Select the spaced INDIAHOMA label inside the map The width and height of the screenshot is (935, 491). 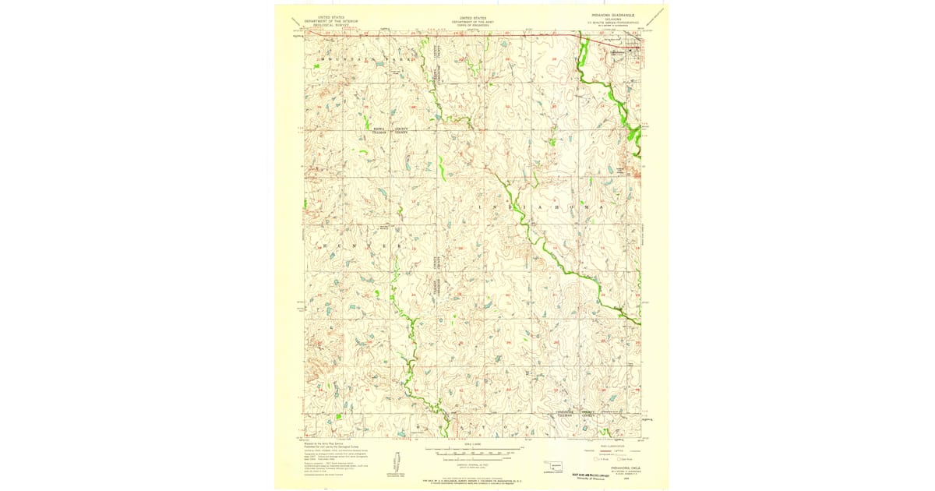coord(549,207)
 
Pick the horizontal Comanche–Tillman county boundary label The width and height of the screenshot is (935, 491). coord(575,414)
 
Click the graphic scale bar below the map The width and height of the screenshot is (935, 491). coord(472,451)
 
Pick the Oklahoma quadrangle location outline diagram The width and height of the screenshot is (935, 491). coord(556,466)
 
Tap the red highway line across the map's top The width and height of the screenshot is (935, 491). coord(467,34)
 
